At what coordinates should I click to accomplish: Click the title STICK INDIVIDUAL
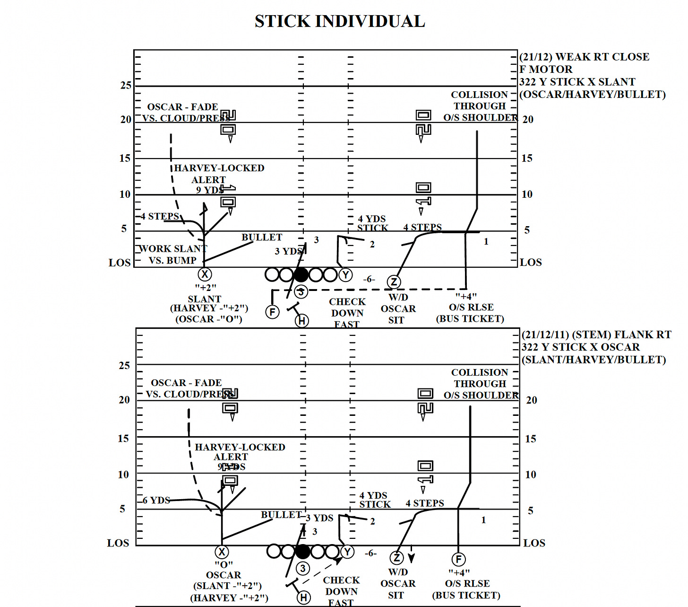(340, 21)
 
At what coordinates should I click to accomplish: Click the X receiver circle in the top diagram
(205, 274)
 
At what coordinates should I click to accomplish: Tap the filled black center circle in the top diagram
(301, 274)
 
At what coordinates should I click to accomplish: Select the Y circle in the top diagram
(345, 275)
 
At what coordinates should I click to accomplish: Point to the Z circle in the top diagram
(394, 282)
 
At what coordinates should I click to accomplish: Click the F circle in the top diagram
(272, 312)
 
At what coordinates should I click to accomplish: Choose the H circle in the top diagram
(302, 321)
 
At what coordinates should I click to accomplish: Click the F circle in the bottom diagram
(458, 559)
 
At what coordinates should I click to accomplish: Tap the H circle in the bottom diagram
(304, 598)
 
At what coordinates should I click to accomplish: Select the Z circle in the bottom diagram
(397, 558)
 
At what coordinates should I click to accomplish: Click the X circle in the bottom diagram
(222, 552)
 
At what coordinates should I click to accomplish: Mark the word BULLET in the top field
(262, 238)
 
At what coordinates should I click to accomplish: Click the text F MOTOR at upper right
(546, 70)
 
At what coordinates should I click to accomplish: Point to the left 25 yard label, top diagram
(126, 86)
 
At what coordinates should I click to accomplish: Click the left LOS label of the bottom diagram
(118, 543)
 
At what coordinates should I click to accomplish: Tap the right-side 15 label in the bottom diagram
(530, 439)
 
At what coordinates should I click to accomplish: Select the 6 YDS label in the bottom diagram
(156, 501)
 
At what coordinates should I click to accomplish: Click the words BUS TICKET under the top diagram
(470, 319)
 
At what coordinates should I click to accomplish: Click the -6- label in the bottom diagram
(370, 553)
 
